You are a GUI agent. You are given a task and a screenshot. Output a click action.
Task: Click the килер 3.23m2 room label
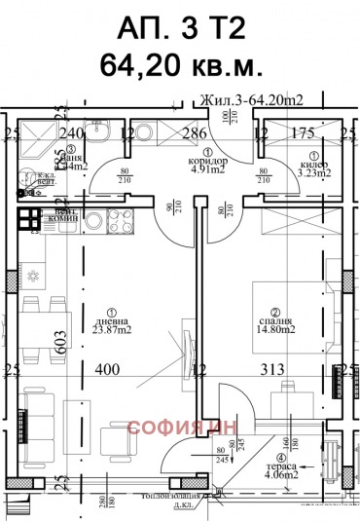coord(313,167)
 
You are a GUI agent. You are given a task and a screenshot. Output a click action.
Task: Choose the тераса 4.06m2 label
coord(282,469)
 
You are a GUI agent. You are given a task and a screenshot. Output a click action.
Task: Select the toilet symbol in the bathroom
coord(97,135)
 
